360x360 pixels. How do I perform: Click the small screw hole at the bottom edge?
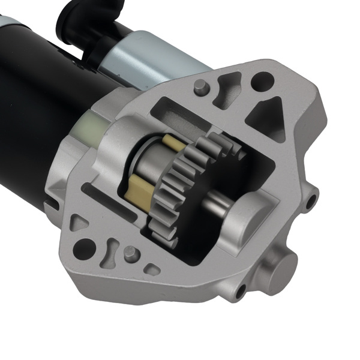[x=241, y=293]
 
